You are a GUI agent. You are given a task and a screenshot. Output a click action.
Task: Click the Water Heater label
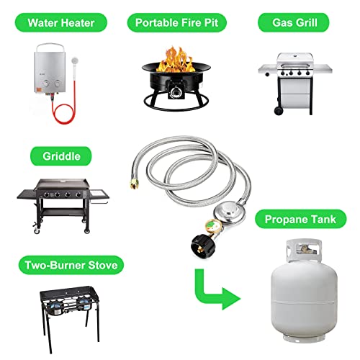[x=61, y=22]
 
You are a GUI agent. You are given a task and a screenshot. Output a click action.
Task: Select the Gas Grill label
[x=297, y=22]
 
